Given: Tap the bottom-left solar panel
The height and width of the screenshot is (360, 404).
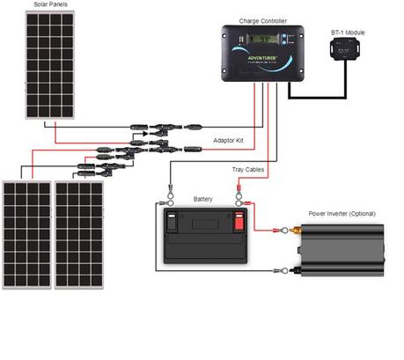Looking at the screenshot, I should pos(26,234).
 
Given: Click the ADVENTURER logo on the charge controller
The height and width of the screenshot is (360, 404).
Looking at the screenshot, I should pos(261,58).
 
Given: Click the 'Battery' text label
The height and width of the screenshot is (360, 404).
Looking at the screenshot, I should pos(202,199).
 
